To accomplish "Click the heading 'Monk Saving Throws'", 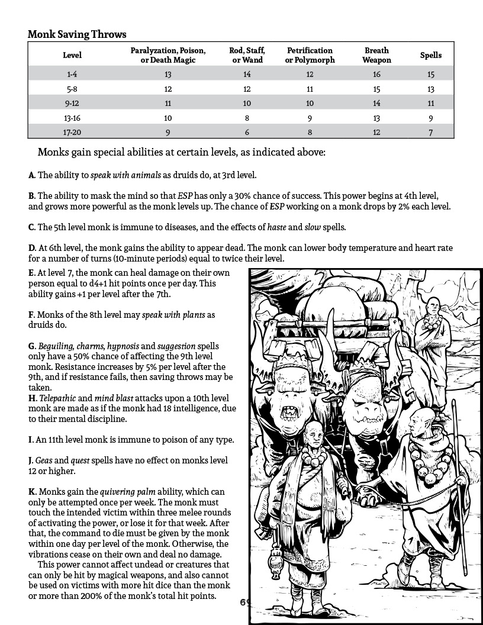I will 77,35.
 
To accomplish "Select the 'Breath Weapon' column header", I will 377,55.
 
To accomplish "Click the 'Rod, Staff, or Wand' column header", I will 247,55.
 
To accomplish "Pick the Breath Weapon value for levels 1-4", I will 377,74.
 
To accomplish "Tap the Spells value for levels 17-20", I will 431,131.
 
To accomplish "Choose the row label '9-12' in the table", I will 72,103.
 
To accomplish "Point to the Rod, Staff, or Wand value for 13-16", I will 247,117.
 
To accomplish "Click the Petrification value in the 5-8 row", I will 310,89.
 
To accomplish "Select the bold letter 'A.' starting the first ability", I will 31,175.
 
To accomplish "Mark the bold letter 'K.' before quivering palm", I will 32,492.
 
